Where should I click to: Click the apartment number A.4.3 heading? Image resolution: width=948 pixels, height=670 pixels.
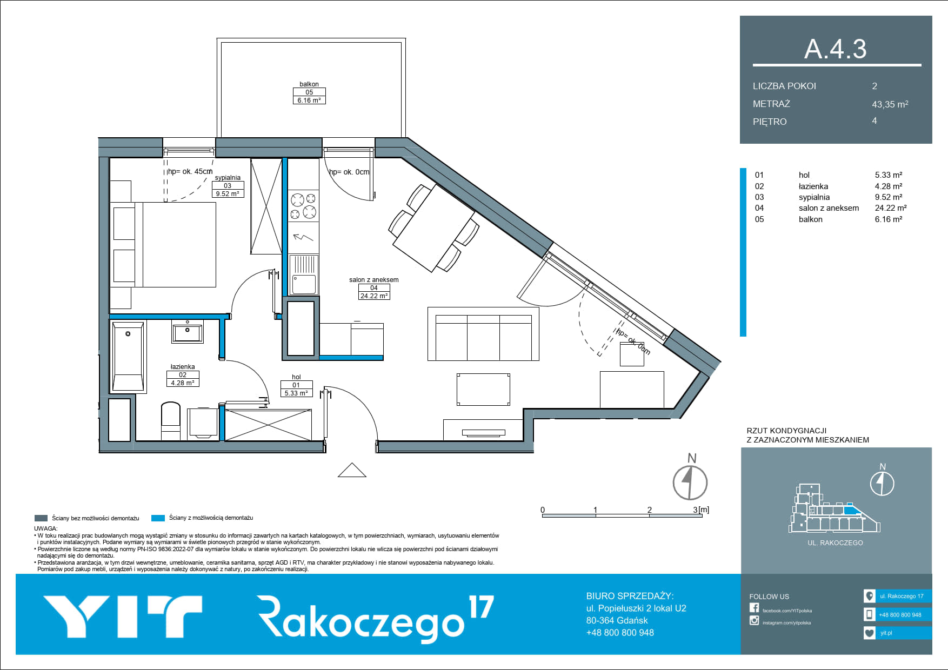click(x=835, y=49)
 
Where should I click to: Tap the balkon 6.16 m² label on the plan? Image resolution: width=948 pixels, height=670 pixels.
click(x=309, y=92)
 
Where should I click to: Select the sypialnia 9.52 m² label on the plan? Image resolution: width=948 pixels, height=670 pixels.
click(x=228, y=186)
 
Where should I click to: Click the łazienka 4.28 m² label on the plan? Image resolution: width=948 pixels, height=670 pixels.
click(x=183, y=375)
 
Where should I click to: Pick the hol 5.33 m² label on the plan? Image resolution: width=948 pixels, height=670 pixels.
click(x=296, y=385)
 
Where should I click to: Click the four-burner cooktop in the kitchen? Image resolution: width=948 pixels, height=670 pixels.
click(x=303, y=206)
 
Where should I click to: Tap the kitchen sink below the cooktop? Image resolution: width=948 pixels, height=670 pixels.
click(x=304, y=275)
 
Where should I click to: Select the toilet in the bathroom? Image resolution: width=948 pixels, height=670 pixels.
click(x=171, y=420)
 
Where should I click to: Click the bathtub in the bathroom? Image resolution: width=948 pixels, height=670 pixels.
click(x=128, y=356)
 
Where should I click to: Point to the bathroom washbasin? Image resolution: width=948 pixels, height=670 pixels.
click(x=188, y=332)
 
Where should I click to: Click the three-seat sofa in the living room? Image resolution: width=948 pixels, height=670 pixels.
click(x=483, y=334)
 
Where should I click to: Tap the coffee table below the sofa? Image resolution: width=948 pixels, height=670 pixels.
click(x=483, y=389)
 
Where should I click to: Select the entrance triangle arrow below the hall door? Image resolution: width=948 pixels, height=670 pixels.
click(x=352, y=470)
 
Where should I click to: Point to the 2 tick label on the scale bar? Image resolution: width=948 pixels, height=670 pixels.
click(x=650, y=510)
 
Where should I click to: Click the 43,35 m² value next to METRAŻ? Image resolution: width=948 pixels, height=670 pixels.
click(x=890, y=104)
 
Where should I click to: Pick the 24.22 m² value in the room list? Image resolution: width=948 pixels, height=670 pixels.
click(x=891, y=207)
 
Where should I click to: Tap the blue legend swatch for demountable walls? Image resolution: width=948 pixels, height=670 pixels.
click(x=158, y=518)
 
